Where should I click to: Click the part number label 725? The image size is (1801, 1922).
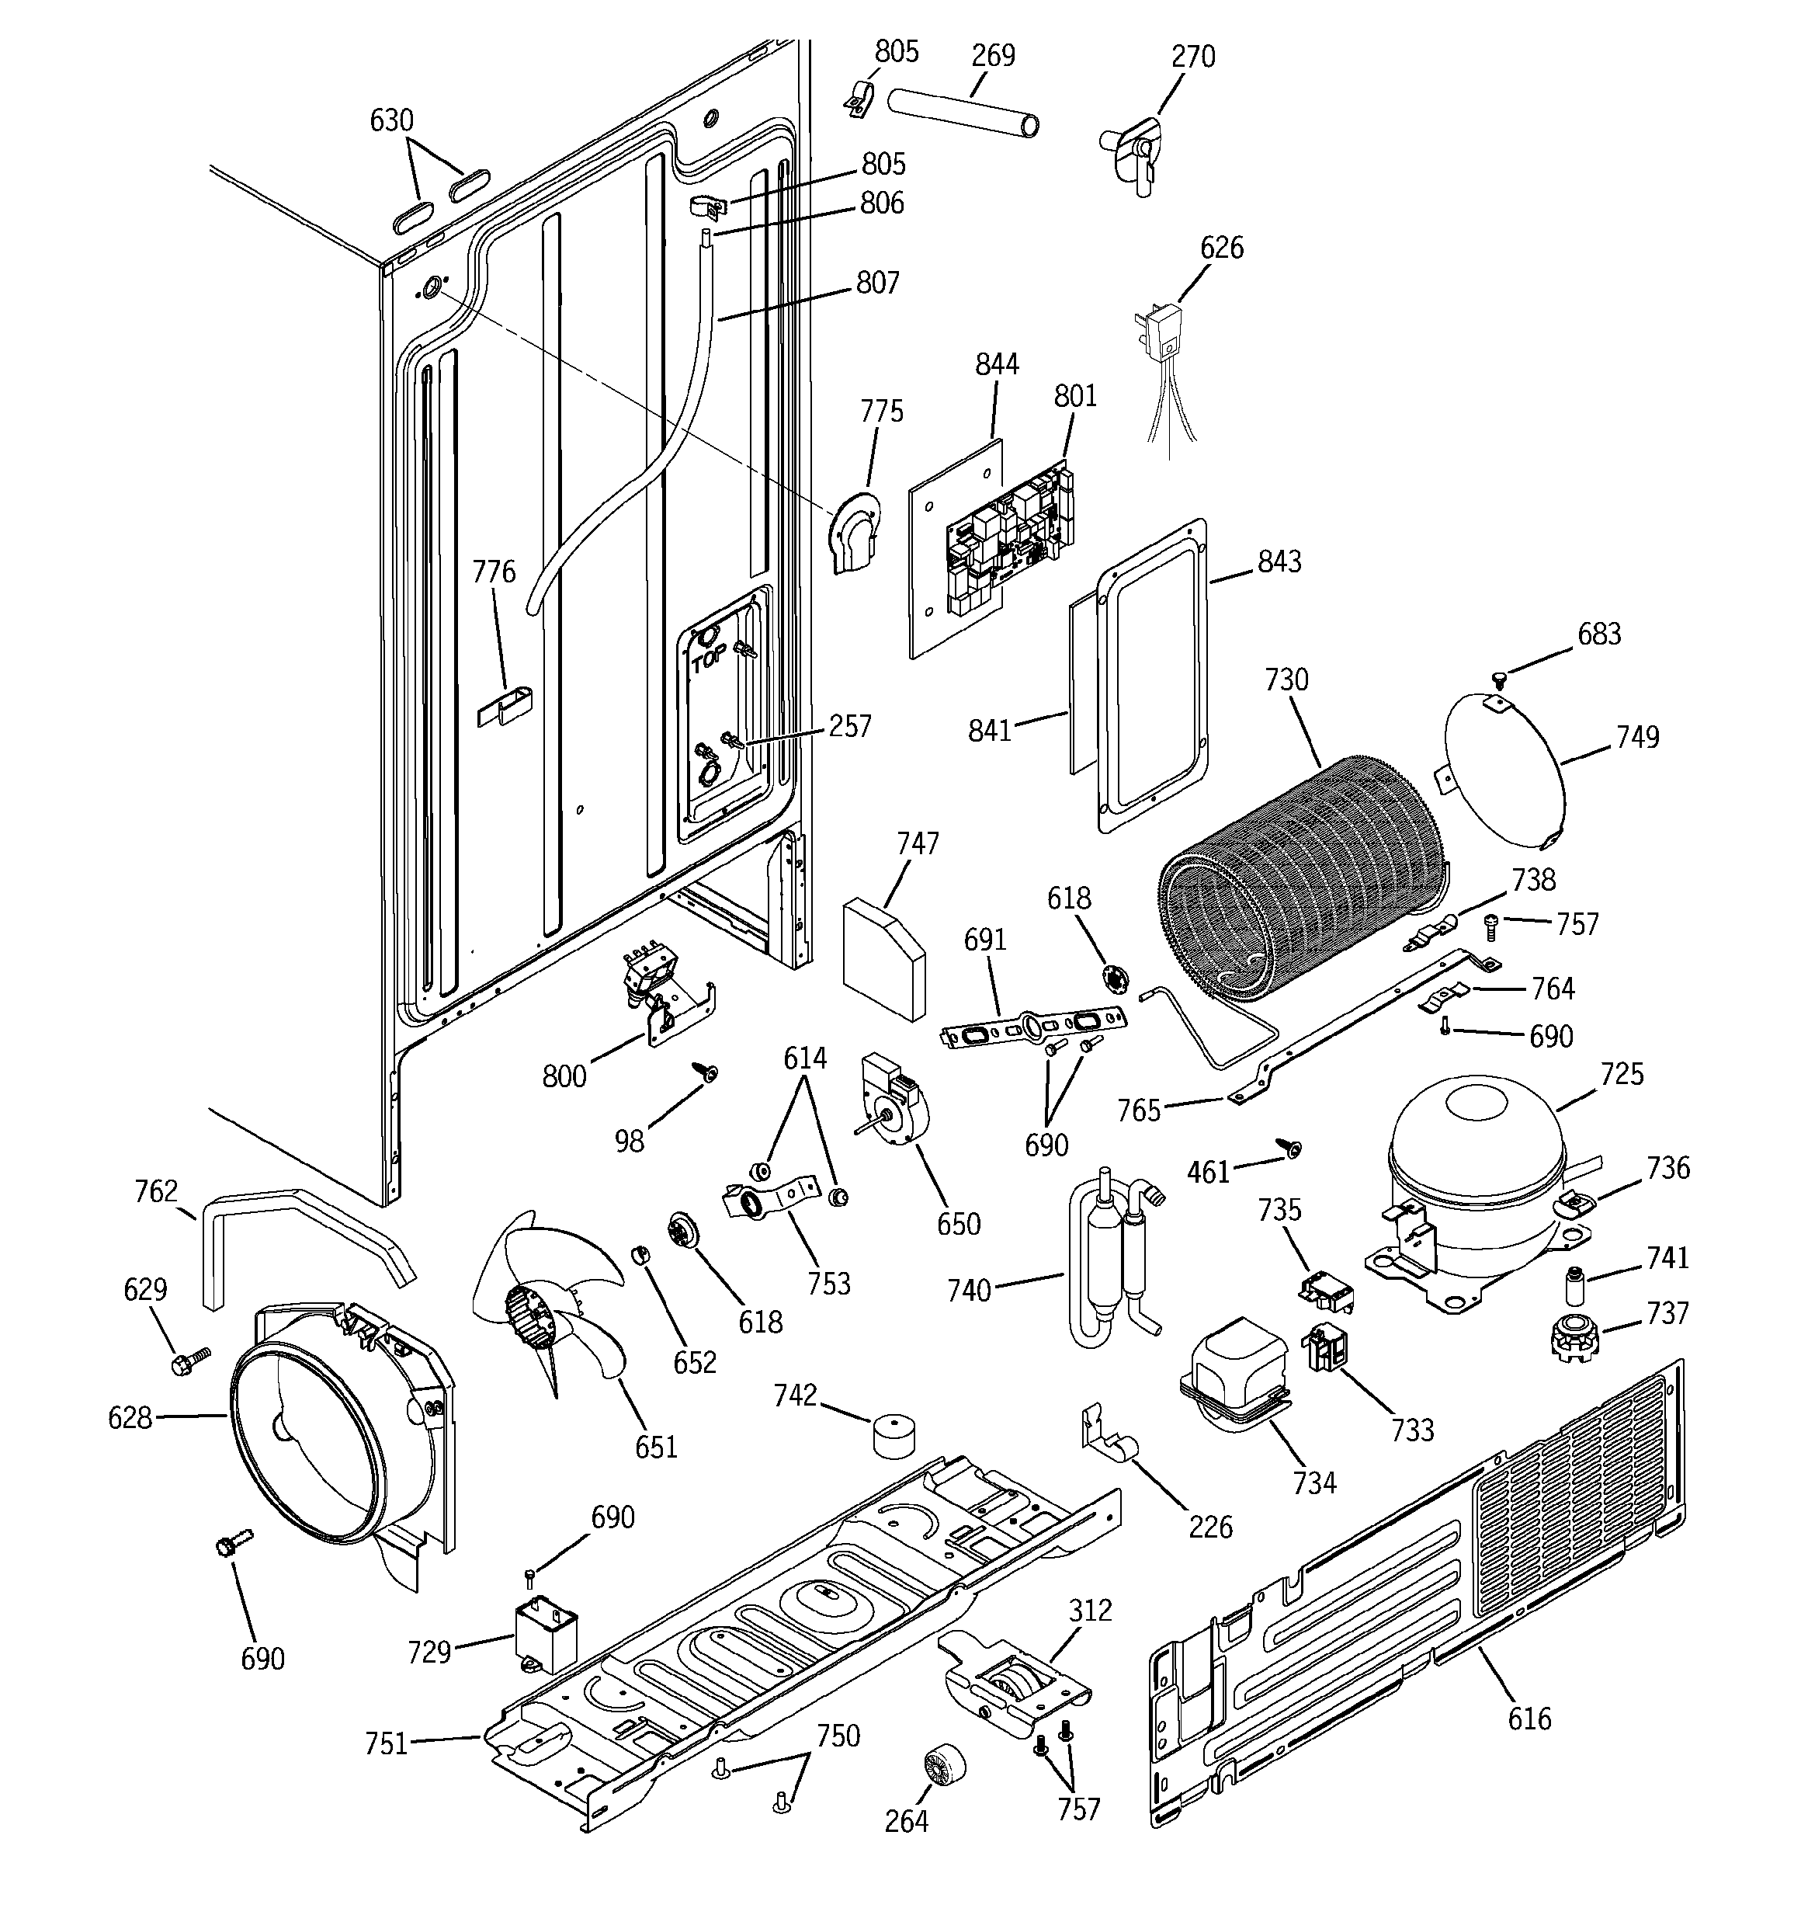(x=1621, y=1074)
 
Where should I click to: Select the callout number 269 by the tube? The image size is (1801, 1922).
(x=993, y=55)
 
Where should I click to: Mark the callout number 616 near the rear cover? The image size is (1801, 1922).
(x=1529, y=1718)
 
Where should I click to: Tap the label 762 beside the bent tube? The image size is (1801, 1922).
(x=155, y=1191)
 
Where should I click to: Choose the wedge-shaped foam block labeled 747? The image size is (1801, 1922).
(x=883, y=958)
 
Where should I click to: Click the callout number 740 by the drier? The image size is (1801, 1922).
(x=969, y=1290)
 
